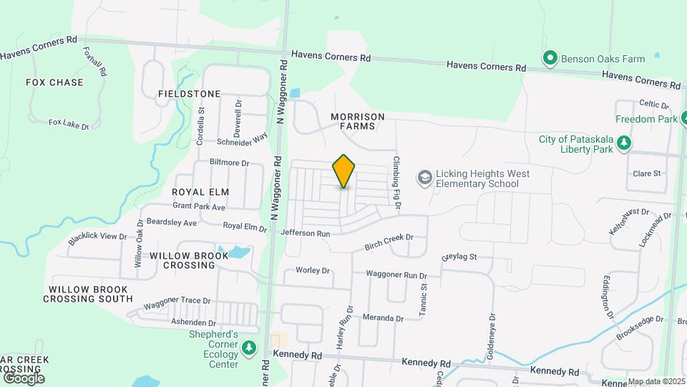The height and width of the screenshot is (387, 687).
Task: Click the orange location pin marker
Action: pyautogui.click(x=344, y=171)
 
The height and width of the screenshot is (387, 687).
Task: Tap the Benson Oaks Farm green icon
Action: pyautogui.click(x=550, y=59)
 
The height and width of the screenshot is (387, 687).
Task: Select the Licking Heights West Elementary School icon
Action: pyautogui.click(x=425, y=177)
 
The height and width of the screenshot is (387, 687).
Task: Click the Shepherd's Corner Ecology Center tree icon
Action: pyautogui.click(x=249, y=348)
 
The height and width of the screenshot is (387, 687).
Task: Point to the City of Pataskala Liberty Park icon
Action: pyautogui.click(x=624, y=143)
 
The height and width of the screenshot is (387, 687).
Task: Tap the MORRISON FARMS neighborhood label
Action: pyautogui.click(x=357, y=121)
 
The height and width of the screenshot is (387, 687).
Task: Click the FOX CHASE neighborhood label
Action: pyautogui.click(x=54, y=82)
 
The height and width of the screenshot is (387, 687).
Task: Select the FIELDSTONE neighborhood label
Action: pyautogui.click(x=189, y=94)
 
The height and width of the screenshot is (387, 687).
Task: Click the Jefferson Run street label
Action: pyautogui.click(x=306, y=233)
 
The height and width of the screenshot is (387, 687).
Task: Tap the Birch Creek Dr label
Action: pyautogui.click(x=389, y=238)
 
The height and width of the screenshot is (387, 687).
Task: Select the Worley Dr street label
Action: pyautogui.click(x=313, y=271)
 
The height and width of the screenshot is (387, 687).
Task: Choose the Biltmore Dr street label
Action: pyautogui.click(x=229, y=163)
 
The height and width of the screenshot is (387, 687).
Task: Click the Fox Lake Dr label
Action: pyautogui.click(x=69, y=124)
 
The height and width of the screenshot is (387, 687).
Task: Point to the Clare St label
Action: pyautogui.click(x=646, y=173)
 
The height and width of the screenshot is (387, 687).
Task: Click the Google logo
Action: pyautogui.click(x=24, y=378)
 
